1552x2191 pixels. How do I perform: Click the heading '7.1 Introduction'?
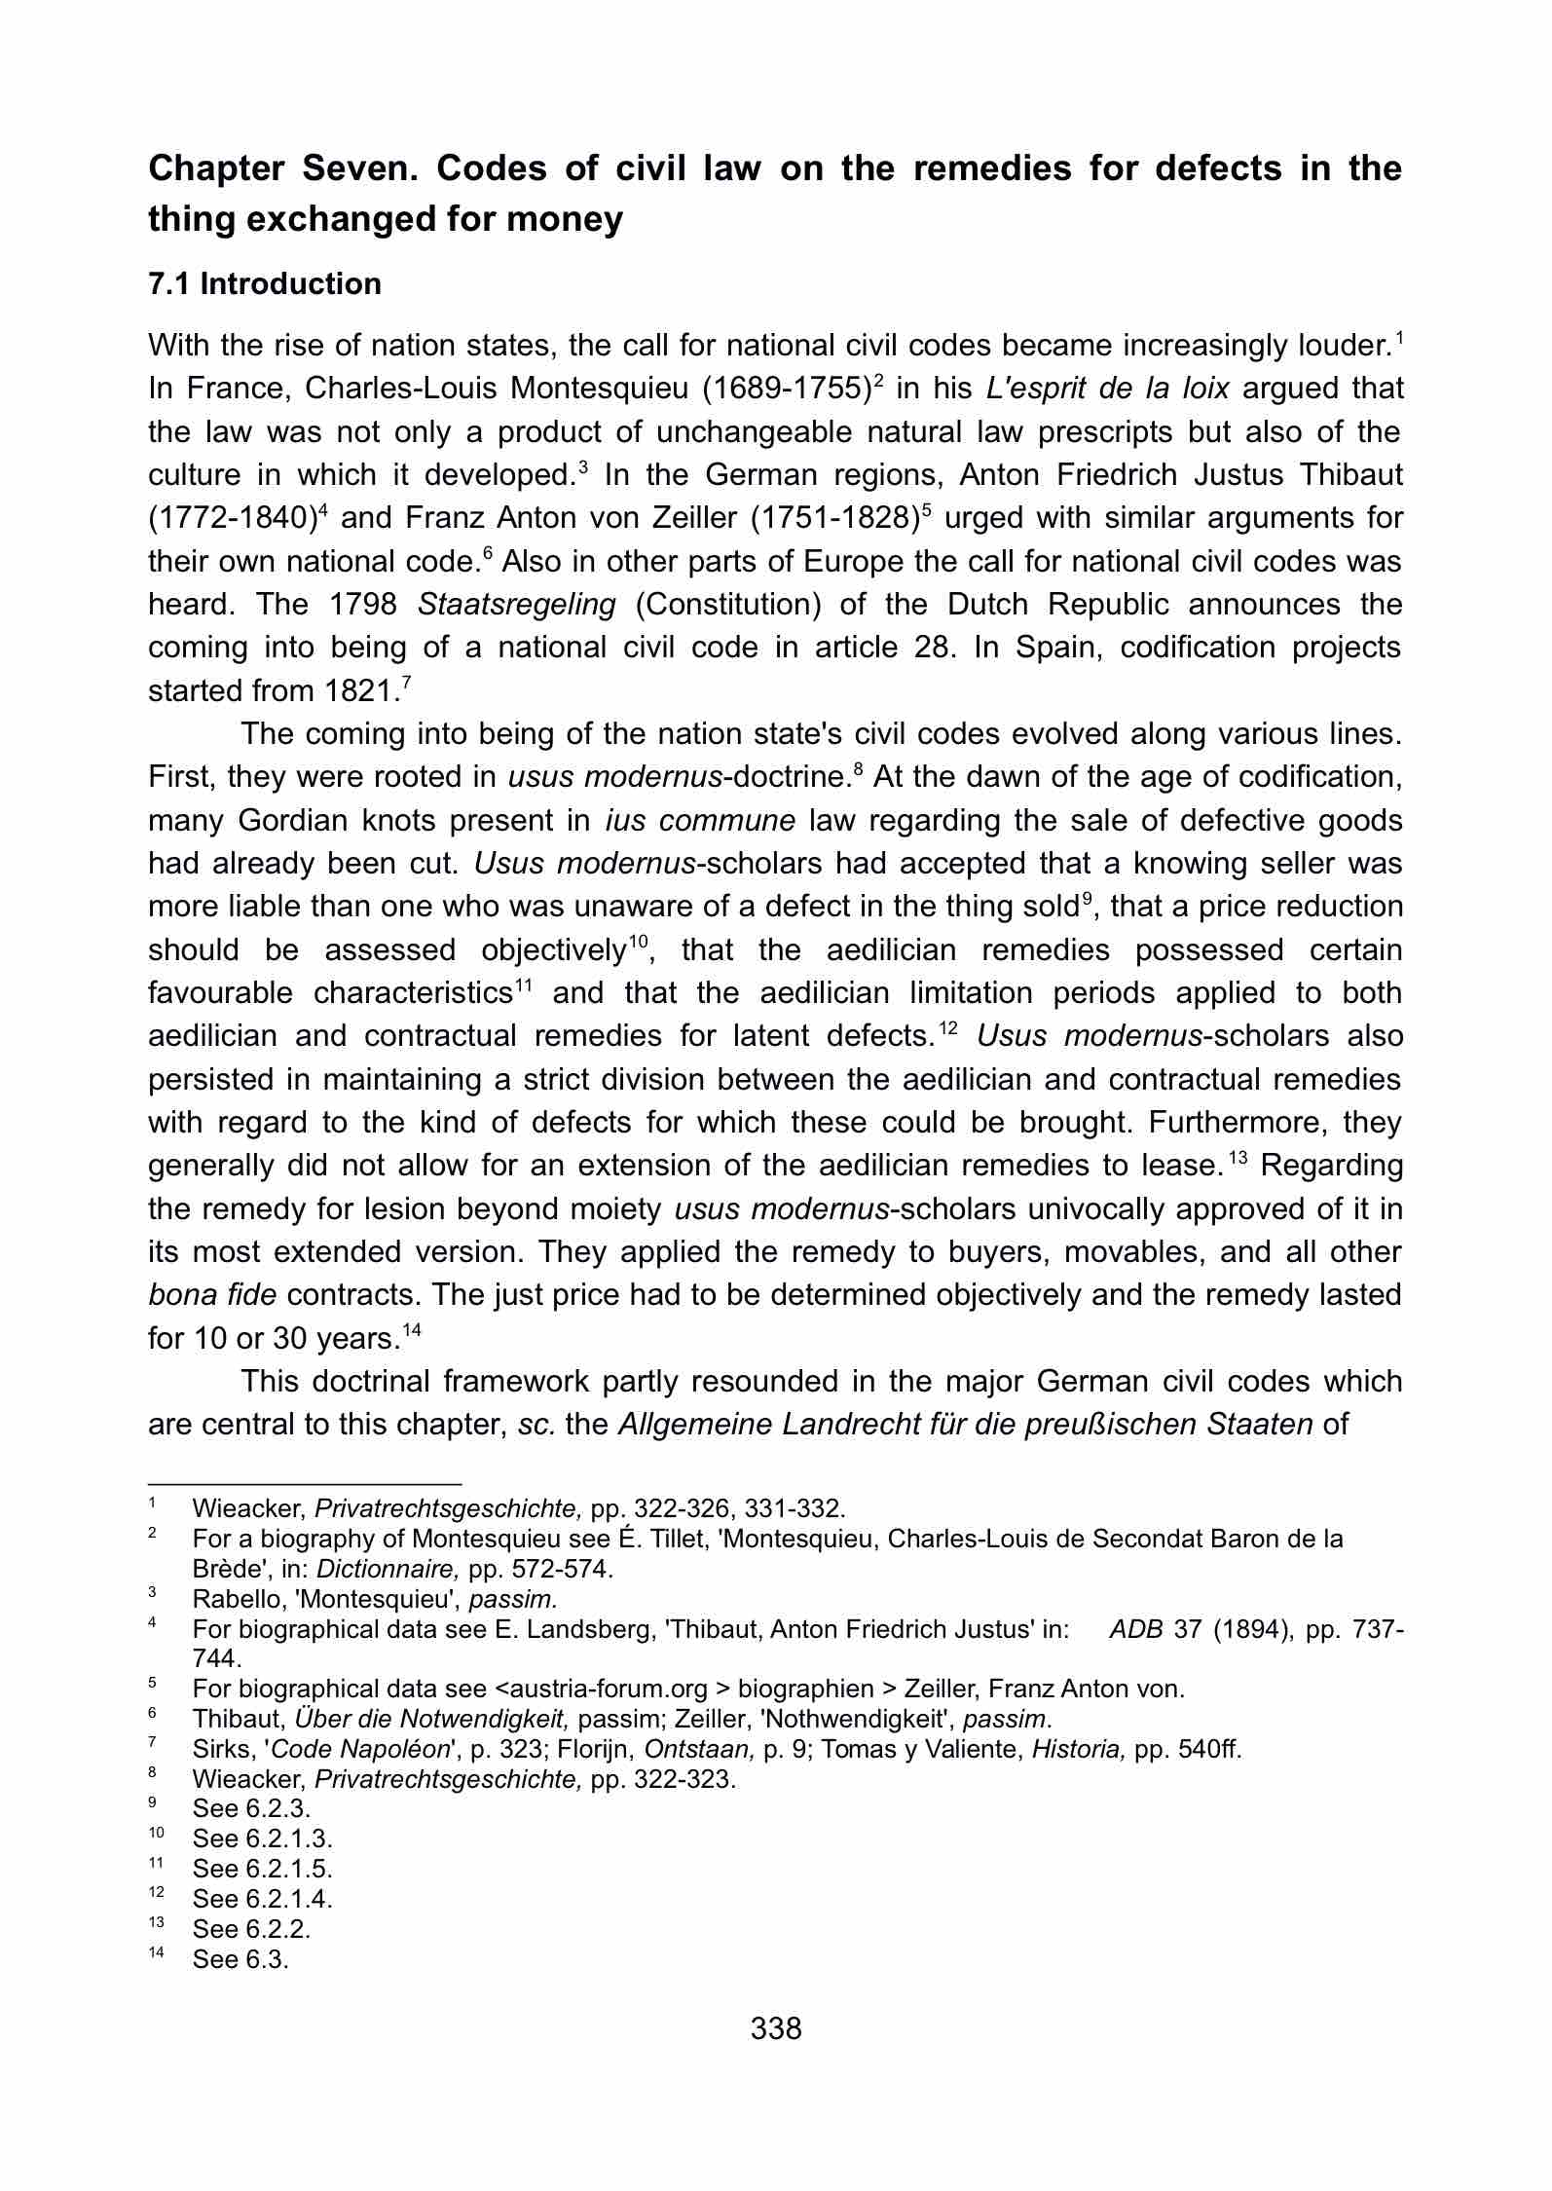tap(265, 284)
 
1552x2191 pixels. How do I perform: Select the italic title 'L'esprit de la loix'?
tap(1107, 389)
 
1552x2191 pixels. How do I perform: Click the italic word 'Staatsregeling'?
tap(517, 605)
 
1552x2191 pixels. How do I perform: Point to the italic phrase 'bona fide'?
tap(212, 1295)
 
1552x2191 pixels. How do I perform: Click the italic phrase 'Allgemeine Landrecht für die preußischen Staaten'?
tap(966, 1425)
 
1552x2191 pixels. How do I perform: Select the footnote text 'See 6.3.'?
tap(240, 1959)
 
